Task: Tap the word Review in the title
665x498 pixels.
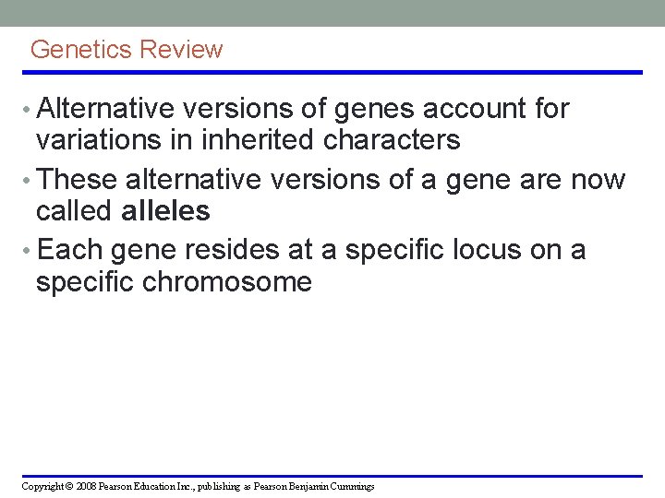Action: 180,50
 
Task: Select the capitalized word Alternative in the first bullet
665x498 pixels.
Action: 107,109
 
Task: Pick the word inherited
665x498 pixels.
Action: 244,140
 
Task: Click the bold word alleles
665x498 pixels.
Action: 165,211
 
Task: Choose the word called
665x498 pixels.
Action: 74,211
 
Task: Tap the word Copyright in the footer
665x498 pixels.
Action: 40,486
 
